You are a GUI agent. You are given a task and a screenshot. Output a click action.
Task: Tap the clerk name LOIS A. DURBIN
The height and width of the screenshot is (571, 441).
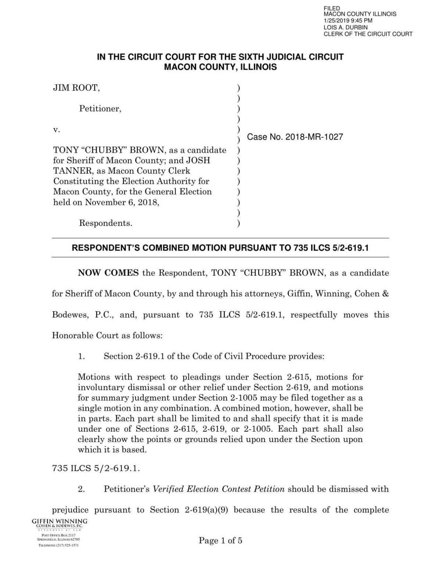point(345,27)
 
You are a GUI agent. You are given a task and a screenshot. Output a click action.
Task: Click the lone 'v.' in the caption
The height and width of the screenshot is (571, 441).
point(57,130)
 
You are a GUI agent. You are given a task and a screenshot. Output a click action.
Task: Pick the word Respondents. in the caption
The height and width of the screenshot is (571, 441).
point(105,223)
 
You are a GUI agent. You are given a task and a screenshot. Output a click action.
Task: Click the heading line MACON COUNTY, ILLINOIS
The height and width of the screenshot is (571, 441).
point(220,67)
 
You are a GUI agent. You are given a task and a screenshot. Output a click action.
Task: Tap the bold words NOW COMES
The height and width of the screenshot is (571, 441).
point(108,273)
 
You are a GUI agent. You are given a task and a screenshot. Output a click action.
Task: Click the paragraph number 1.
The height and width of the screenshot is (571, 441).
point(81,356)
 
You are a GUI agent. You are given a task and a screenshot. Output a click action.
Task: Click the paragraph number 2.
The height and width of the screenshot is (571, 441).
point(81,489)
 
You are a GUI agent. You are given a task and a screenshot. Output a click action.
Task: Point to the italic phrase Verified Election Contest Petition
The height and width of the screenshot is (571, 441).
point(219,489)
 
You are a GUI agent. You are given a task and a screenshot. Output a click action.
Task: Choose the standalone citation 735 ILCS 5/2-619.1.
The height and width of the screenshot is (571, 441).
point(96,468)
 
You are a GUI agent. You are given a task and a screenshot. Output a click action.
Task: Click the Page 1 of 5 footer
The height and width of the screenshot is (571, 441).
point(220,541)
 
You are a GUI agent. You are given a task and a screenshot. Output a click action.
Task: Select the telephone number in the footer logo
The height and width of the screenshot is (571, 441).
point(58,545)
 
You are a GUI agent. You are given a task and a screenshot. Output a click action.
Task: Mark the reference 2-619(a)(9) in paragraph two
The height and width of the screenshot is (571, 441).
point(207,510)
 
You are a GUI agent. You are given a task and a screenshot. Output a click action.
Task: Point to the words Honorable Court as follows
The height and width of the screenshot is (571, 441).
point(107,335)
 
